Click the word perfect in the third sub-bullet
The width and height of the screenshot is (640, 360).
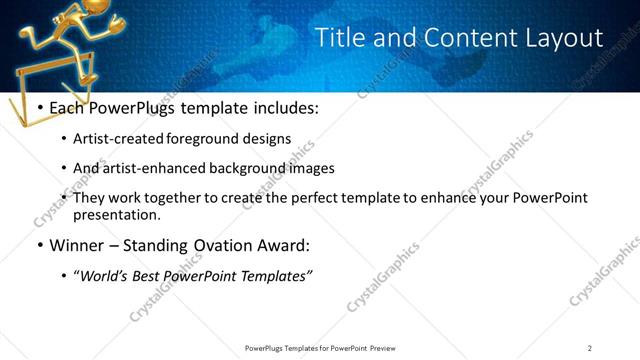click(302, 198)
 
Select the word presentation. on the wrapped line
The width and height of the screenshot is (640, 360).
click(117, 214)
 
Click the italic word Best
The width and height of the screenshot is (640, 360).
click(148, 276)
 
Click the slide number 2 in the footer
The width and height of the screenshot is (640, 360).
click(590, 347)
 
